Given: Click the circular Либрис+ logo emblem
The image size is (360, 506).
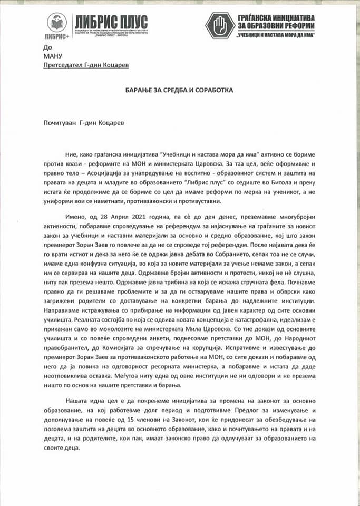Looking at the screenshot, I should [56, 23].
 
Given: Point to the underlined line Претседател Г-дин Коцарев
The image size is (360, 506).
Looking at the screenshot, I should [86, 65].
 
